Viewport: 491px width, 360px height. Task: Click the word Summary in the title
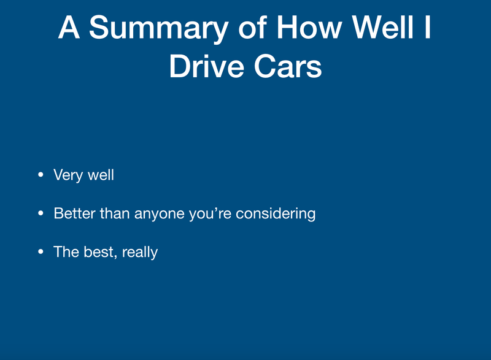pos(158,29)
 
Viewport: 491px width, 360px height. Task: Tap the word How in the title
pos(309,28)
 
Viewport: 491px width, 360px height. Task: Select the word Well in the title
pos(382,27)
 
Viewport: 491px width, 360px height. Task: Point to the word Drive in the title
pos(207,66)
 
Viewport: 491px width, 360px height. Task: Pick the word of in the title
pos(252,27)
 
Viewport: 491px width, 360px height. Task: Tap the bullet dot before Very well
pos(41,175)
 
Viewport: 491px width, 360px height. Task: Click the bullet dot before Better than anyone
pos(41,213)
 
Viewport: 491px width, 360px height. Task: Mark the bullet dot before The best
pos(41,252)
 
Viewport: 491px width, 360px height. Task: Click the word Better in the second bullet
pos(74,213)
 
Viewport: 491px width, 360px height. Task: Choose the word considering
pos(276,214)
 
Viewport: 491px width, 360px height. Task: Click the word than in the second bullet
pos(115,213)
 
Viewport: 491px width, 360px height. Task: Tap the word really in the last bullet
pos(140,253)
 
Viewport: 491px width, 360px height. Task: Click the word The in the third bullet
pos(66,252)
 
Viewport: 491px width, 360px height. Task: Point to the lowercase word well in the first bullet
pos(101,175)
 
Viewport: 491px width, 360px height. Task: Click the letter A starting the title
pos(69,27)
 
